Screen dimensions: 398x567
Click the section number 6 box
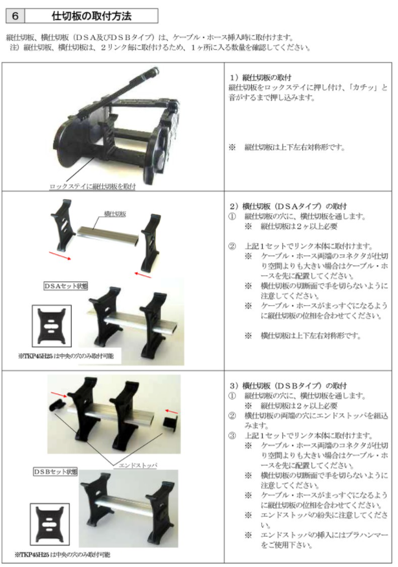(15, 16)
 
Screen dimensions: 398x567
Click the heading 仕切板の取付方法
(91, 16)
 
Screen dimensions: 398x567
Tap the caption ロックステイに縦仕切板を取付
(93, 187)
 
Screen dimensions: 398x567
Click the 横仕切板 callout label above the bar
(115, 214)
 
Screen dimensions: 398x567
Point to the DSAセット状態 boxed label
(65, 286)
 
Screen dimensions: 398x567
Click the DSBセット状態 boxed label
(56, 471)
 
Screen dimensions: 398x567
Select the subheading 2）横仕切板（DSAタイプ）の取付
(288, 206)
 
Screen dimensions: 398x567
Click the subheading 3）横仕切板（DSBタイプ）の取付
(288, 385)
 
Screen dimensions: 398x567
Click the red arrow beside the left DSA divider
(60, 255)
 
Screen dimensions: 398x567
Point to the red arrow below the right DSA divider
(142, 275)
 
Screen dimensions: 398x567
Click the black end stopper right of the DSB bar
(169, 423)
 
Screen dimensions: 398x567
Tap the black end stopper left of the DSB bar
(57, 405)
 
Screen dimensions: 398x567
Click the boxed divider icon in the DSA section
(52, 326)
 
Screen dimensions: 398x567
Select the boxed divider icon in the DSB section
(50, 524)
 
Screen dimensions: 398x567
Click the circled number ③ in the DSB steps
(232, 436)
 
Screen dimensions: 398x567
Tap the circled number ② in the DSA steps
(232, 246)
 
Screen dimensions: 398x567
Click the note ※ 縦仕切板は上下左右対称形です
(287, 147)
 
